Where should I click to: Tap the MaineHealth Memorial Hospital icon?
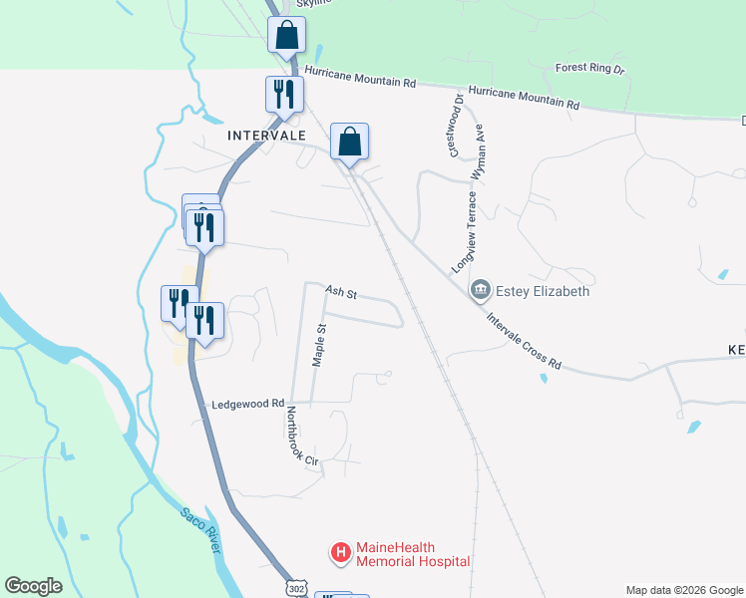(341, 551)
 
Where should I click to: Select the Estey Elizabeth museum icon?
(481, 291)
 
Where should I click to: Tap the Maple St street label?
(319, 345)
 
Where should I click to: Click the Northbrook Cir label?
(301, 437)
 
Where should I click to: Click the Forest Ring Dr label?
(589, 70)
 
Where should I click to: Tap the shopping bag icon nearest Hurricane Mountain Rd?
(286, 35)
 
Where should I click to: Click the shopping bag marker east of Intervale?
(350, 142)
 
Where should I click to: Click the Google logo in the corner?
(33, 586)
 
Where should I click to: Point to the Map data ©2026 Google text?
(684, 590)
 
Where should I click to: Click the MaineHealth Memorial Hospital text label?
(412, 555)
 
